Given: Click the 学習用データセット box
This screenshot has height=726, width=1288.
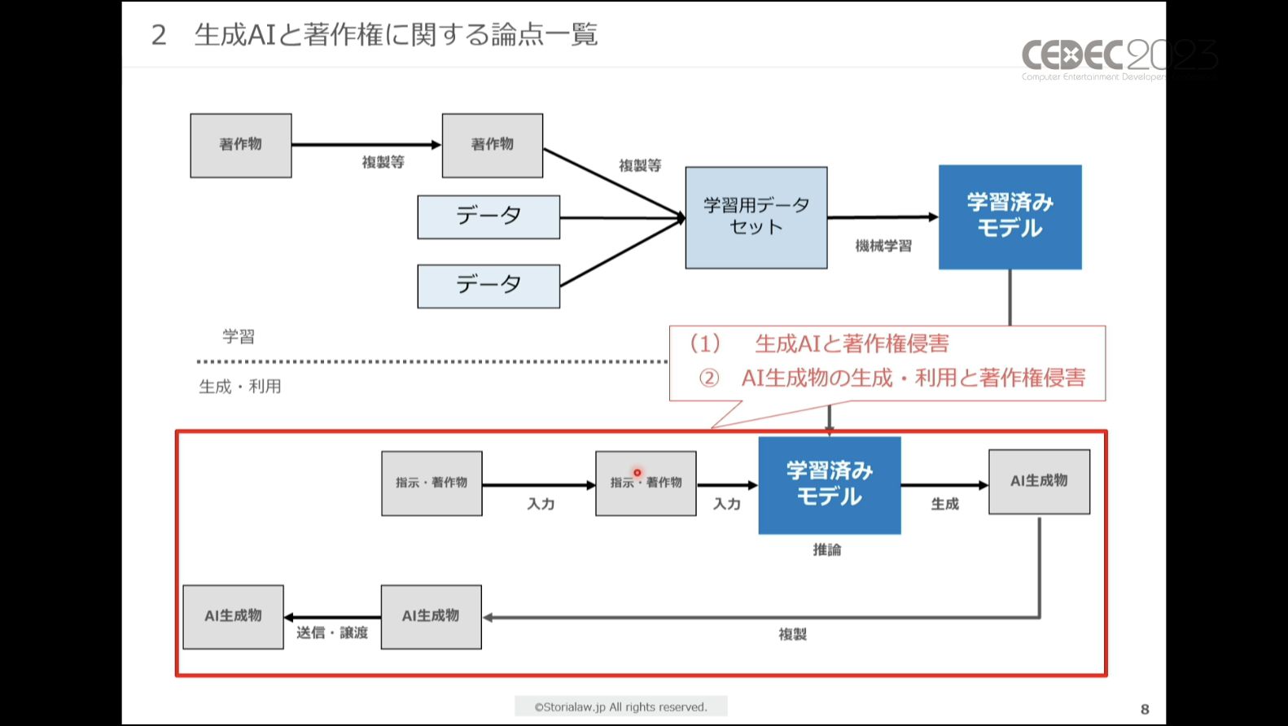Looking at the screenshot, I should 756,217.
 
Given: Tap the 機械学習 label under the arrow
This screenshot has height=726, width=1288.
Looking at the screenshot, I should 883,246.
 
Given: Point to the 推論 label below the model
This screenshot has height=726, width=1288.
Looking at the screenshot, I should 827,550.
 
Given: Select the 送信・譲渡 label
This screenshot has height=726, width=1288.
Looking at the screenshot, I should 332,632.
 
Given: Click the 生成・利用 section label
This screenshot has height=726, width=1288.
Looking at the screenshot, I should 240,387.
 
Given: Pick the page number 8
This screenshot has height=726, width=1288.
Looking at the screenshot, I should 1145,709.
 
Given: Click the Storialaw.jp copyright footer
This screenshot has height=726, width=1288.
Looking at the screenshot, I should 620,706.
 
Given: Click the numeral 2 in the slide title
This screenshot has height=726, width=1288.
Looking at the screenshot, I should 159,35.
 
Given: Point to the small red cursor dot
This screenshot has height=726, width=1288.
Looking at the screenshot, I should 637,473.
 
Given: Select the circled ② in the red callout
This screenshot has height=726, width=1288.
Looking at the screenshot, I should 709,378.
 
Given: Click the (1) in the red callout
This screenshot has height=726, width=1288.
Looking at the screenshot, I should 705,343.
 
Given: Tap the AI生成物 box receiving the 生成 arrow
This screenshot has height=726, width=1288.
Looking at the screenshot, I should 1039,482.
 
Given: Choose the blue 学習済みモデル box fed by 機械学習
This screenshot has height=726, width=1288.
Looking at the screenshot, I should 1010,217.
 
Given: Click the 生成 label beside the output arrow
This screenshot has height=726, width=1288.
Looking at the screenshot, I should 944,505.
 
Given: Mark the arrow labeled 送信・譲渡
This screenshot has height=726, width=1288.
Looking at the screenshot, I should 332,618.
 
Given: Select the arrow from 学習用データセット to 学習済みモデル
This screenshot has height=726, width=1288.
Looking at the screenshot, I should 883,217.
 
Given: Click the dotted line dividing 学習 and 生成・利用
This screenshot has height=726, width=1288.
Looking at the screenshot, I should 432,361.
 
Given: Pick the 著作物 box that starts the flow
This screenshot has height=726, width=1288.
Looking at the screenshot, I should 241,145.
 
